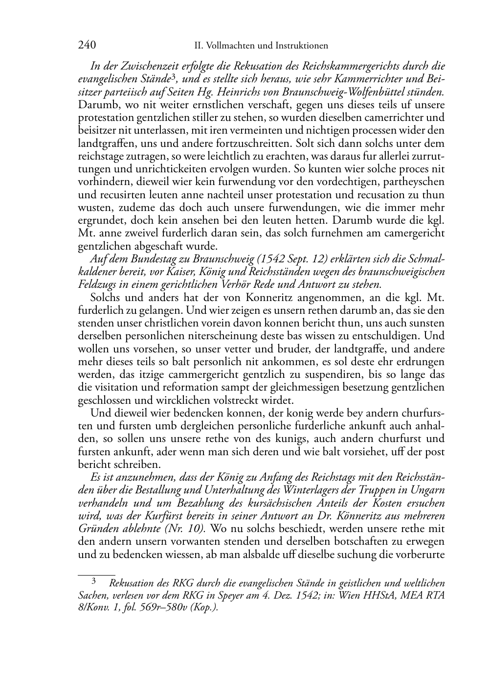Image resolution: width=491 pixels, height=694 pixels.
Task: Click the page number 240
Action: [x=87, y=46]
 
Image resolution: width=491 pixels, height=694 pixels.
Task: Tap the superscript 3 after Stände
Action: [x=173, y=76]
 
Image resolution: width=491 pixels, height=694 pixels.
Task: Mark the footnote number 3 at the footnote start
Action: [x=93, y=583]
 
